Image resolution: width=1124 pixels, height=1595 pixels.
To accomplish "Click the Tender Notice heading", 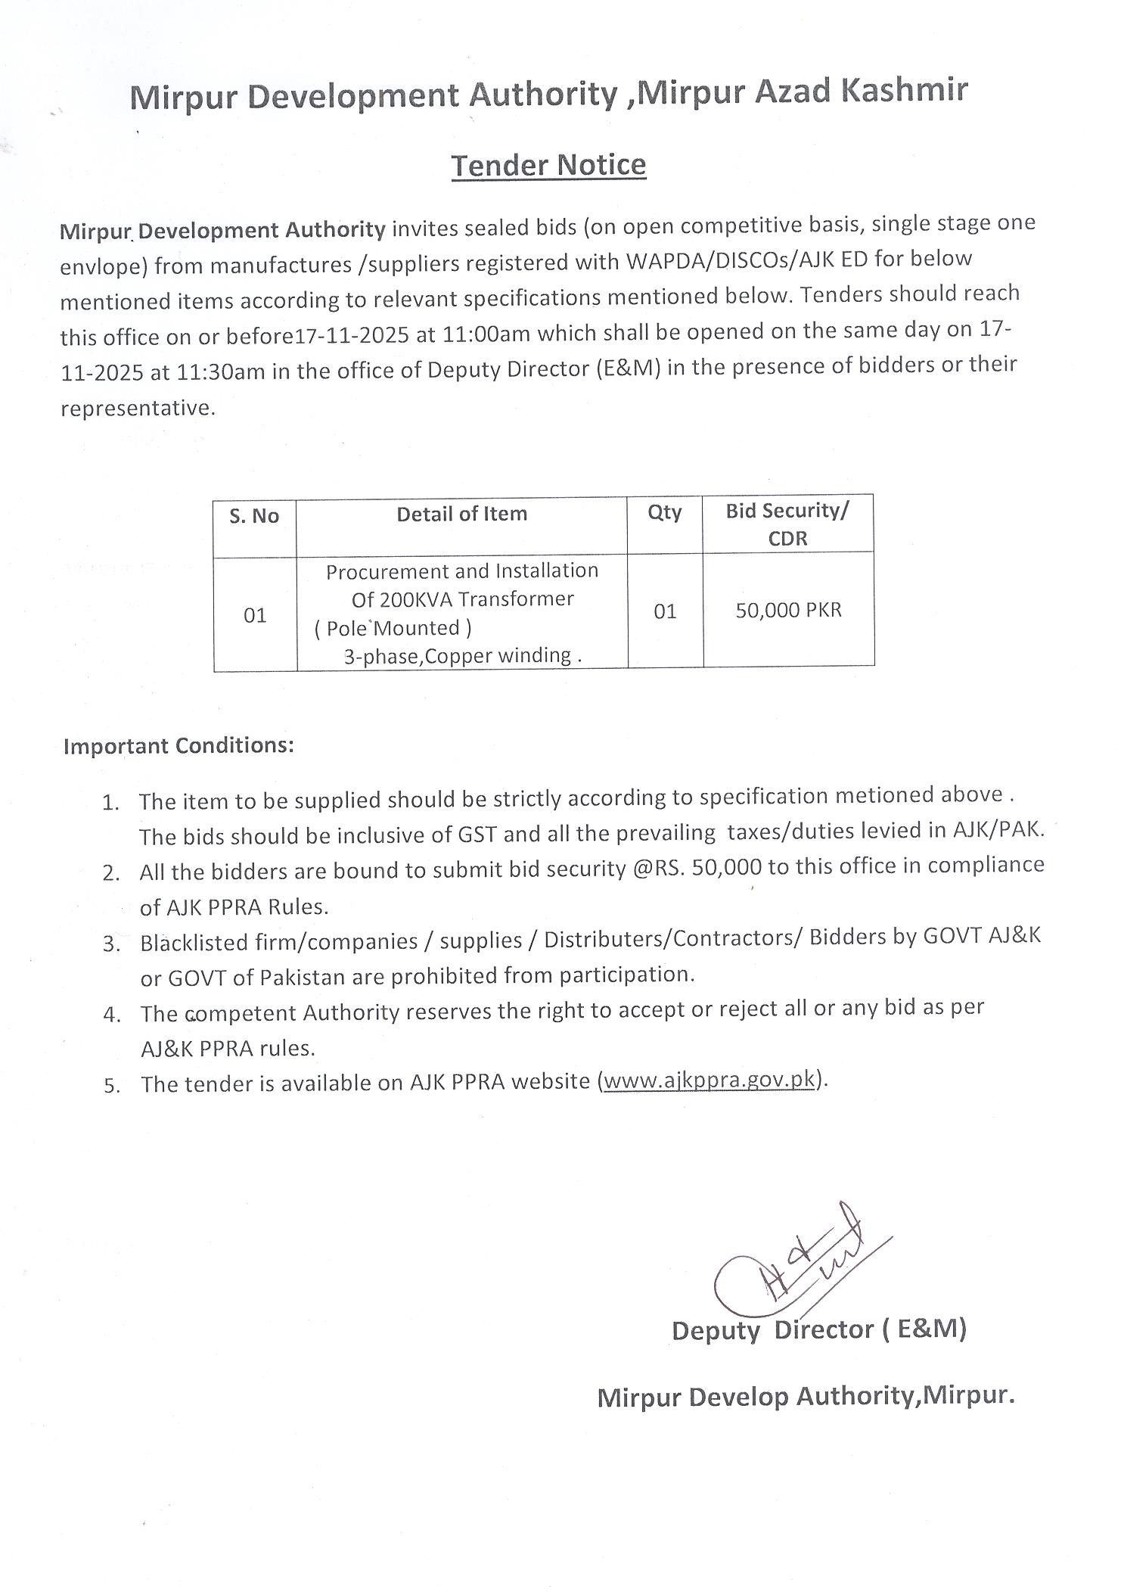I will point(548,165).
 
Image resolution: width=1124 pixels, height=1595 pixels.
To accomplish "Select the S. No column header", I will point(254,516).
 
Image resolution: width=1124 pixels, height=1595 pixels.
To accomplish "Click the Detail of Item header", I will point(461,515).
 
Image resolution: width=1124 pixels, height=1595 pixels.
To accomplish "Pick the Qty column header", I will point(664,513).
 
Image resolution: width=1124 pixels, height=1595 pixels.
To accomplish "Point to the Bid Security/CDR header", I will point(787,524).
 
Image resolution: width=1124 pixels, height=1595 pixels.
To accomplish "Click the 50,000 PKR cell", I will point(788,610).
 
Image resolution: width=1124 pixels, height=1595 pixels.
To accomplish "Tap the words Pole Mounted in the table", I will point(393,628).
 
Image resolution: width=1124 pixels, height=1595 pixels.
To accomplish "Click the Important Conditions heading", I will point(179,746).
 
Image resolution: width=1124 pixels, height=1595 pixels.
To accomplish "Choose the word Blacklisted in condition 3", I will point(194,943).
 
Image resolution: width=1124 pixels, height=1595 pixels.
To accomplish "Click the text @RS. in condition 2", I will point(658,868).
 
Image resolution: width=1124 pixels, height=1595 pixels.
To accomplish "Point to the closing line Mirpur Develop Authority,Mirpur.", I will point(805,1396).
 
